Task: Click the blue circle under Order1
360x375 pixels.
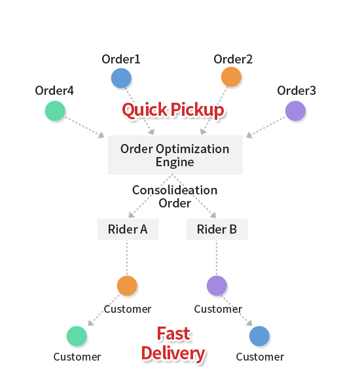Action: pos(121,78)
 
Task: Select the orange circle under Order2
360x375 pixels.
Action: pos(231,77)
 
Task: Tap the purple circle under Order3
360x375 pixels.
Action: pos(295,111)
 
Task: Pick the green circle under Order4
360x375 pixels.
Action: pos(55,111)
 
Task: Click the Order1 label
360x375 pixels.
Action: pos(121,59)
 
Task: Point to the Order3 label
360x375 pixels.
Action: pos(297,90)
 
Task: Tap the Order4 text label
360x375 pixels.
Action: pos(54,90)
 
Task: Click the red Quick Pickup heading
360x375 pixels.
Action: pos(173,110)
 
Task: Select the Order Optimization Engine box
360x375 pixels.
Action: pos(175,155)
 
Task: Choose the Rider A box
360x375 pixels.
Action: pos(128,229)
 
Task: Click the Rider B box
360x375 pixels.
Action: pos(217,229)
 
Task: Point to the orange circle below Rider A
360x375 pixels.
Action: pos(127,285)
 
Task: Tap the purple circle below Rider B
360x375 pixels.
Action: pos(217,285)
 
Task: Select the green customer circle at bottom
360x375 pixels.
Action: pos(77,336)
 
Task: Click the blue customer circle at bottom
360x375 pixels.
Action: pos(259,336)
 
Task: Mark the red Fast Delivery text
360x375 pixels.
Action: pos(173,344)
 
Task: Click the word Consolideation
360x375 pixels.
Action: pos(175,190)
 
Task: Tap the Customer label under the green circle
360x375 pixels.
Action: pos(77,357)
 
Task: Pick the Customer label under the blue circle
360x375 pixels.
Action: pos(260,357)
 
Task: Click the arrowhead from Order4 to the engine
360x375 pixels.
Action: pos(101,135)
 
